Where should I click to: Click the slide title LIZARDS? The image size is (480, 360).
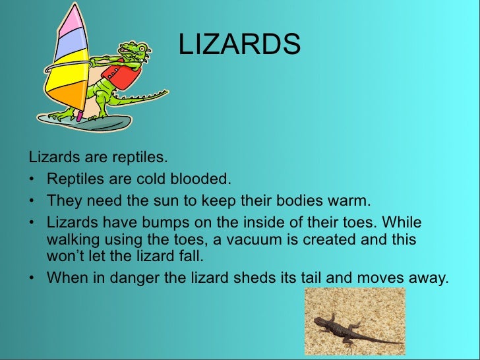tap(239, 45)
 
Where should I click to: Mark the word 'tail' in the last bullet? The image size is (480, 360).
tap(309, 278)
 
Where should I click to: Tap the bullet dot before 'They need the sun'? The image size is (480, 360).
tap(32, 200)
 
